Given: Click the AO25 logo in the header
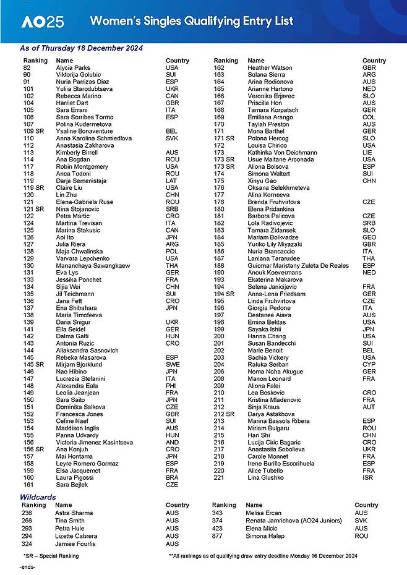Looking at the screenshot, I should coord(42,22).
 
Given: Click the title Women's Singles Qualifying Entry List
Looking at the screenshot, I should coord(192,22).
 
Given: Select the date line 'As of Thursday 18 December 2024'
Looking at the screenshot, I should coord(82,48).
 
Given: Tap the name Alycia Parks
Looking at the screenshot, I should coord(73,68).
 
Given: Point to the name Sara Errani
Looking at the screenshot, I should coord(72,110).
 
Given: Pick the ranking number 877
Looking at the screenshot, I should coord(217,536).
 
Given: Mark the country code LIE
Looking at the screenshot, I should coord(367,152).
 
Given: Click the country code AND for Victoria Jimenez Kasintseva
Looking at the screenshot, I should coord(172,442).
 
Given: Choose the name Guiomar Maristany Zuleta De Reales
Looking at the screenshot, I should coord(298,265).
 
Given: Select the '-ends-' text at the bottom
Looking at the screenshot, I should coord(27,566).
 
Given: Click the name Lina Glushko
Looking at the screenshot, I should coord(267,477).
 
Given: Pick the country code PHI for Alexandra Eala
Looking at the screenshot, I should coord(171,386).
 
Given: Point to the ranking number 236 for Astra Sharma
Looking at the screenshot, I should coord(27,513).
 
